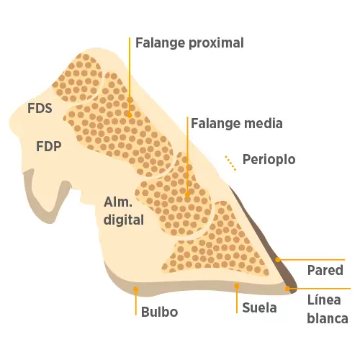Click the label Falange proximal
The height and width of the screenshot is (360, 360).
coord(189,43)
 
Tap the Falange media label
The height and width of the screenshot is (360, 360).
coord(237,124)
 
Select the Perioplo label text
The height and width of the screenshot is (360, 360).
coord(269,160)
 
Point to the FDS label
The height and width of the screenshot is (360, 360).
coord(40,108)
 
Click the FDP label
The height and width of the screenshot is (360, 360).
coord(49,146)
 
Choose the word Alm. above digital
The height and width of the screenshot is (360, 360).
coord(118,202)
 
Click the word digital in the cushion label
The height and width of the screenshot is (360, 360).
coord(124,220)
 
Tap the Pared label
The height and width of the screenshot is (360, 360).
coord(325,270)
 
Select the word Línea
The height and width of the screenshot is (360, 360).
coord(324,300)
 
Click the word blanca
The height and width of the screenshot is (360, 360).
coord(328,318)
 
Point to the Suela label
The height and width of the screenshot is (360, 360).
coord(259,307)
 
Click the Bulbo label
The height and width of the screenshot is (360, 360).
coord(160,312)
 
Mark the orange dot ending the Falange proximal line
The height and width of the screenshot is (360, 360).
coord(130,115)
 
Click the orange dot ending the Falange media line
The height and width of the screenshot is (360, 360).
coord(187,195)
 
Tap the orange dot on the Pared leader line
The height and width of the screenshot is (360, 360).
coord(278,260)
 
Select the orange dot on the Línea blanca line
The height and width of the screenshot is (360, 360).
coord(287,289)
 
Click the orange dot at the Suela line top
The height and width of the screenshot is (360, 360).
coord(237,286)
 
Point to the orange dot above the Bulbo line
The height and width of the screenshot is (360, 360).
coord(136,289)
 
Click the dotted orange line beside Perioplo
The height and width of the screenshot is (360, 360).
coord(230,163)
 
